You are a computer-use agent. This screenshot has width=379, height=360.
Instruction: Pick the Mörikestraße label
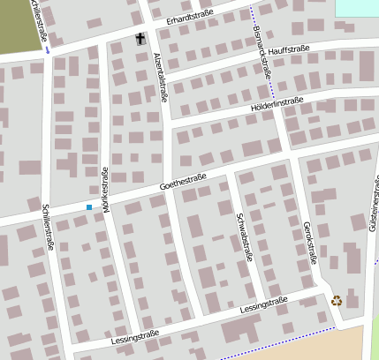point(105,185)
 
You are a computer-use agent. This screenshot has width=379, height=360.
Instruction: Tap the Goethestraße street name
point(183,184)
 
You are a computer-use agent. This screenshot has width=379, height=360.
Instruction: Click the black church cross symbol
point(140,38)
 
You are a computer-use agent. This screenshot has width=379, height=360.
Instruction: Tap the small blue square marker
point(88,207)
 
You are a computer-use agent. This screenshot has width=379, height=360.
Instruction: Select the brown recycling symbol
point(337,300)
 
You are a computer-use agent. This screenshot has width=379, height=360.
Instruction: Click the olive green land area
point(18,25)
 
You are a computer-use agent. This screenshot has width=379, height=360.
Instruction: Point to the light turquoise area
point(357,7)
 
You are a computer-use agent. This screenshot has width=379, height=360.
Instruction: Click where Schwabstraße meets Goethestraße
point(230,173)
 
